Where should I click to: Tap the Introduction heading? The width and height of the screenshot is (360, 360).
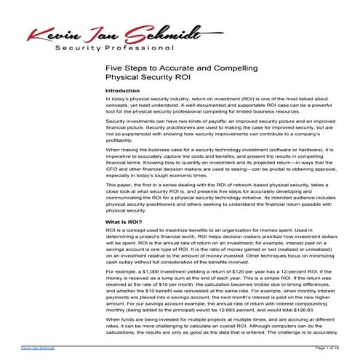(x=122, y=91)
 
